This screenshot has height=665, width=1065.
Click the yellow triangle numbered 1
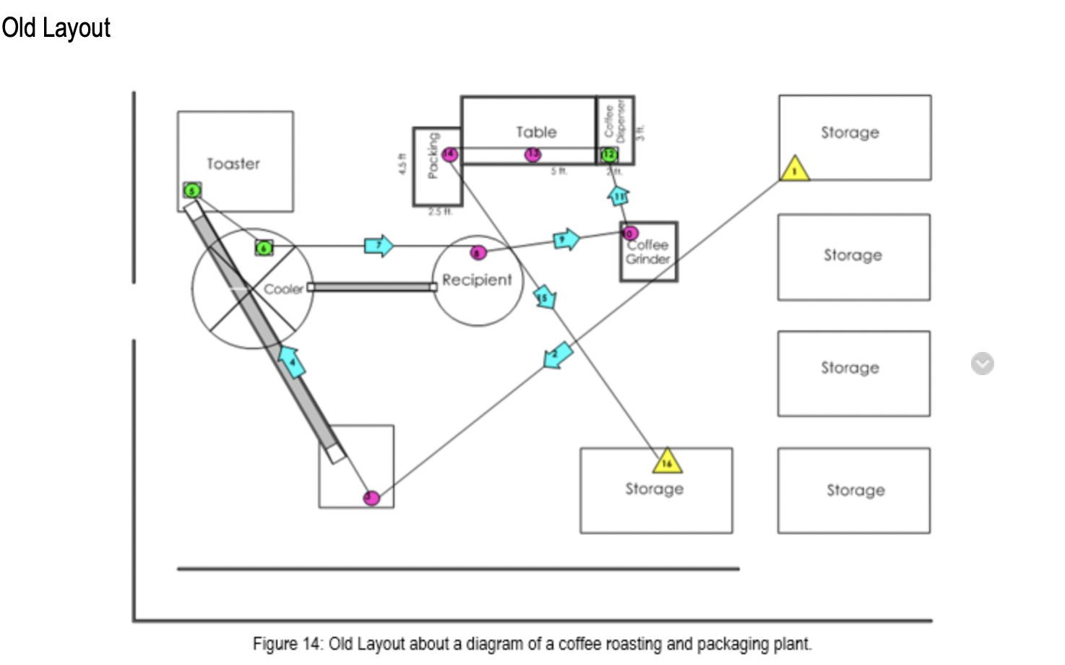[795, 170]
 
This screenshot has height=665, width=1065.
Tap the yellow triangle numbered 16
[667, 461]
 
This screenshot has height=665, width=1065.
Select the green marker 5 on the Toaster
[191, 191]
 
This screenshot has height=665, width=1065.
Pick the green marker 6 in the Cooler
[264, 248]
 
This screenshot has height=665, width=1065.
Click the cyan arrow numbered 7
[379, 246]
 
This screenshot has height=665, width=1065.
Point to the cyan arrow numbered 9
[566, 239]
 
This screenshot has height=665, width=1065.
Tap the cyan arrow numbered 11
[619, 196]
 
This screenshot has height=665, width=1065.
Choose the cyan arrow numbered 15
[545, 297]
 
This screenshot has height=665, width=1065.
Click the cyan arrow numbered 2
[557, 356]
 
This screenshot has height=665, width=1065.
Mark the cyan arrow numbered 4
[292, 361]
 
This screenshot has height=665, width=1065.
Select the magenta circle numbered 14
[449, 154]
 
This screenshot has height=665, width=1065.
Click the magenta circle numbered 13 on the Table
[532, 154]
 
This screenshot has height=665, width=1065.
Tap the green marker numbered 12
[609, 154]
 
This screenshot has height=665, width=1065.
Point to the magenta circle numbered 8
[478, 252]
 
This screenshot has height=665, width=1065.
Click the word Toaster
[233, 164]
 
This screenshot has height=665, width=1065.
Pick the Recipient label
[477, 280]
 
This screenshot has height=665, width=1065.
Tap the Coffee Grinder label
[647, 252]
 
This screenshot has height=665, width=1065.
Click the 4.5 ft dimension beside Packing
[402, 164]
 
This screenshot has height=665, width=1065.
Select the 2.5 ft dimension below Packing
[439, 212]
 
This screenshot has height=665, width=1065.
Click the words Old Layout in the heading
[56, 28]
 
